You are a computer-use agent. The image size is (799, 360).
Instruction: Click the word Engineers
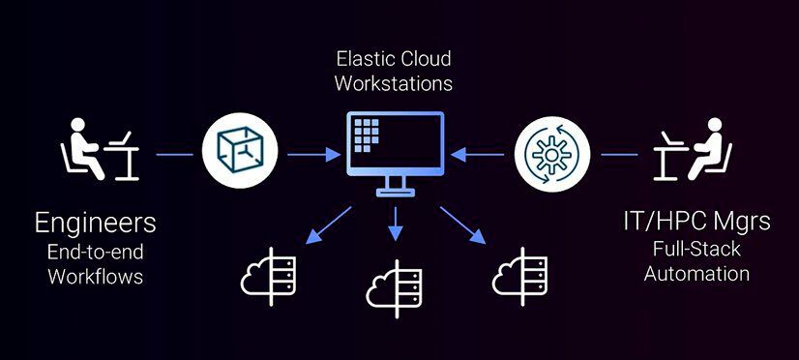[x=95, y=223]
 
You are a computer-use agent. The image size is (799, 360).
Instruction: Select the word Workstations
[x=393, y=83]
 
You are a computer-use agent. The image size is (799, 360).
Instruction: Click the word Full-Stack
[x=696, y=250]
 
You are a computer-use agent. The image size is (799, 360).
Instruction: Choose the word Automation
[x=696, y=273]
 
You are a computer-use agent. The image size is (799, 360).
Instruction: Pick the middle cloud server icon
[x=394, y=283]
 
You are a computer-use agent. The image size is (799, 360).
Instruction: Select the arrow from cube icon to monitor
[x=310, y=153]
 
